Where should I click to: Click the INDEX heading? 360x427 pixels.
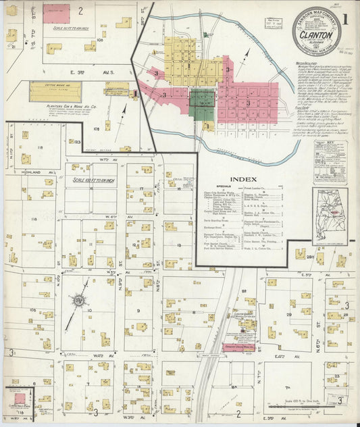[x=242, y=179]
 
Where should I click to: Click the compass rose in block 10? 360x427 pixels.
[x=80, y=298]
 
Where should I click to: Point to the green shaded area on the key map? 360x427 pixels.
[x=202, y=104]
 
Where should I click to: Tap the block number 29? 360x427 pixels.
[x=288, y=314]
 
